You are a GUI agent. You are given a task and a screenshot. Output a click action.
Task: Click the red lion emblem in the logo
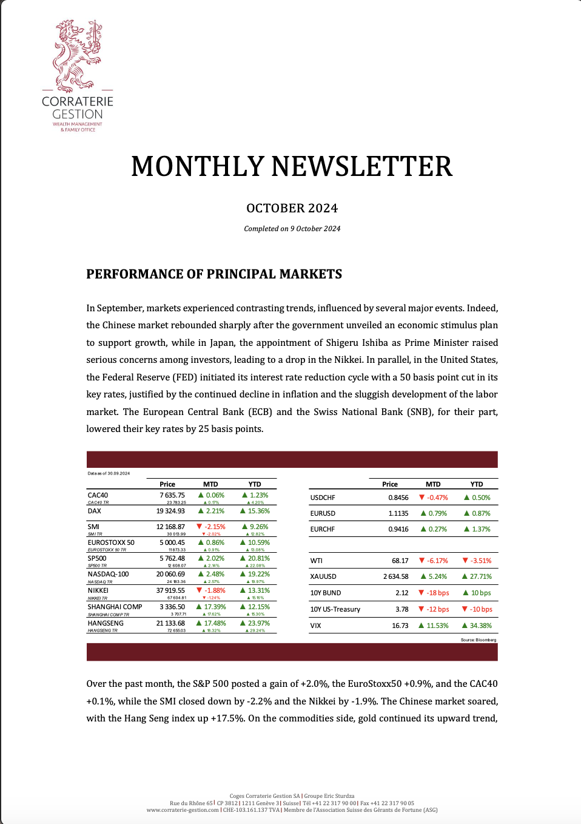[x=76, y=56]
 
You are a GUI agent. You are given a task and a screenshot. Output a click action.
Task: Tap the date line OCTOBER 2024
[x=292, y=208]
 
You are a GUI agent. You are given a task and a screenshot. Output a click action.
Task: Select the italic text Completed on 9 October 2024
[x=292, y=229]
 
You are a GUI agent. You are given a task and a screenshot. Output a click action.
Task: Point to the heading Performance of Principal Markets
[x=214, y=274]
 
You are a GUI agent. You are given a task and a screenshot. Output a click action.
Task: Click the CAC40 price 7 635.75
[x=172, y=495]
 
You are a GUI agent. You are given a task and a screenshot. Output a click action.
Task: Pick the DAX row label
[x=95, y=511]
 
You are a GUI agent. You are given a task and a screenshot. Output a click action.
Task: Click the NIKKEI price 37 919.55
[x=170, y=590]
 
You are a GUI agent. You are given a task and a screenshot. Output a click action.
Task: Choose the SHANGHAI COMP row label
[x=115, y=607]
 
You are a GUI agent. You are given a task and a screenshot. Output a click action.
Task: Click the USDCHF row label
[x=323, y=498]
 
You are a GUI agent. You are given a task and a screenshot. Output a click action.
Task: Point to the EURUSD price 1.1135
[x=398, y=513]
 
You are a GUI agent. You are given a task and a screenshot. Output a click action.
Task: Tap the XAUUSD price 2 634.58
[x=396, y=576]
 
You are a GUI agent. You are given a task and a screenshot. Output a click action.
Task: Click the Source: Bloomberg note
[x=479, y=640]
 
